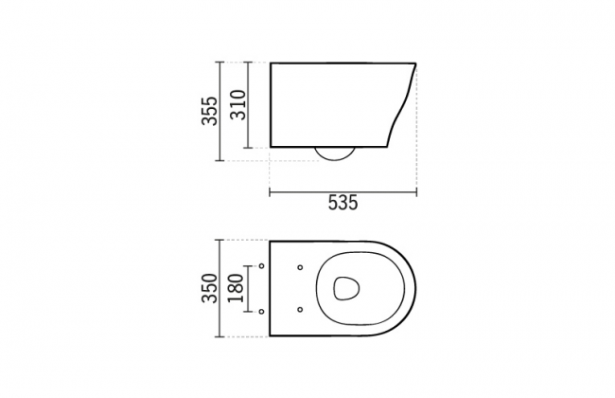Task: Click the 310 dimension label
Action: (x=238, y=105)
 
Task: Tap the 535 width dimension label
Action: (x=343, y=203)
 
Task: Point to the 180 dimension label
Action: (x=236, y=288)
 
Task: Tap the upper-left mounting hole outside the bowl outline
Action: (x=261, y=266)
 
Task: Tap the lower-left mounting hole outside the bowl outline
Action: (x=261, y=312)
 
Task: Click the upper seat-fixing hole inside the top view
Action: (x=300, y=267)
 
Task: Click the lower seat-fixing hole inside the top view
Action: (x=300, y=310)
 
